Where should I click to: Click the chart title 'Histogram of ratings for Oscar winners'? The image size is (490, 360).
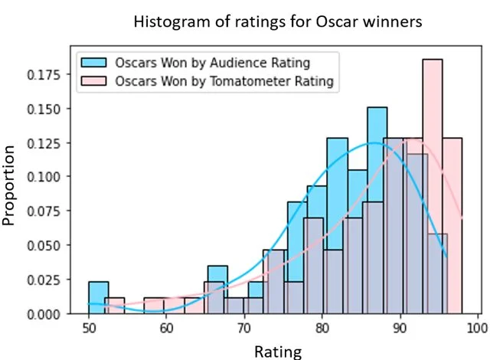278,21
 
